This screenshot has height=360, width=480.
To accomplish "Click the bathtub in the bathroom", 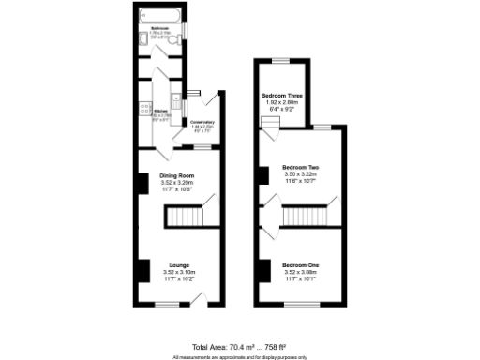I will click(159, 16).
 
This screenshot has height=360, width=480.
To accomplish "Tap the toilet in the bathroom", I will click(178, 38).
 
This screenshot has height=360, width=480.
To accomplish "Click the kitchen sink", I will click(175, 99).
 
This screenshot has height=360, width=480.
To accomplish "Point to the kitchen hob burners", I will click(144, 108).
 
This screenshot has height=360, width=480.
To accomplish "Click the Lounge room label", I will click(177, 265).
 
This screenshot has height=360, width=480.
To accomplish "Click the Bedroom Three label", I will click(281, 96).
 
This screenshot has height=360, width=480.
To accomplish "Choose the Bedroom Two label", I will click(301, 168).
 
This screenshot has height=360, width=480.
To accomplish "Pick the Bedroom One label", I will click(300, 265).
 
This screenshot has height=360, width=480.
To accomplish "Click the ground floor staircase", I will click(185, 218).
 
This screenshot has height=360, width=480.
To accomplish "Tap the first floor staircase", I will click(301, 217).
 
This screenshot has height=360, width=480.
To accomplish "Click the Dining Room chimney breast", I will click(142, 183).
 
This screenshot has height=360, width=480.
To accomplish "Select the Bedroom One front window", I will click(299, 304).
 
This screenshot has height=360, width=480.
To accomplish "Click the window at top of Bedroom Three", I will click(280, 60).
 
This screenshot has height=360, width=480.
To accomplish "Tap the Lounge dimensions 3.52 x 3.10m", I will click(177, 273).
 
